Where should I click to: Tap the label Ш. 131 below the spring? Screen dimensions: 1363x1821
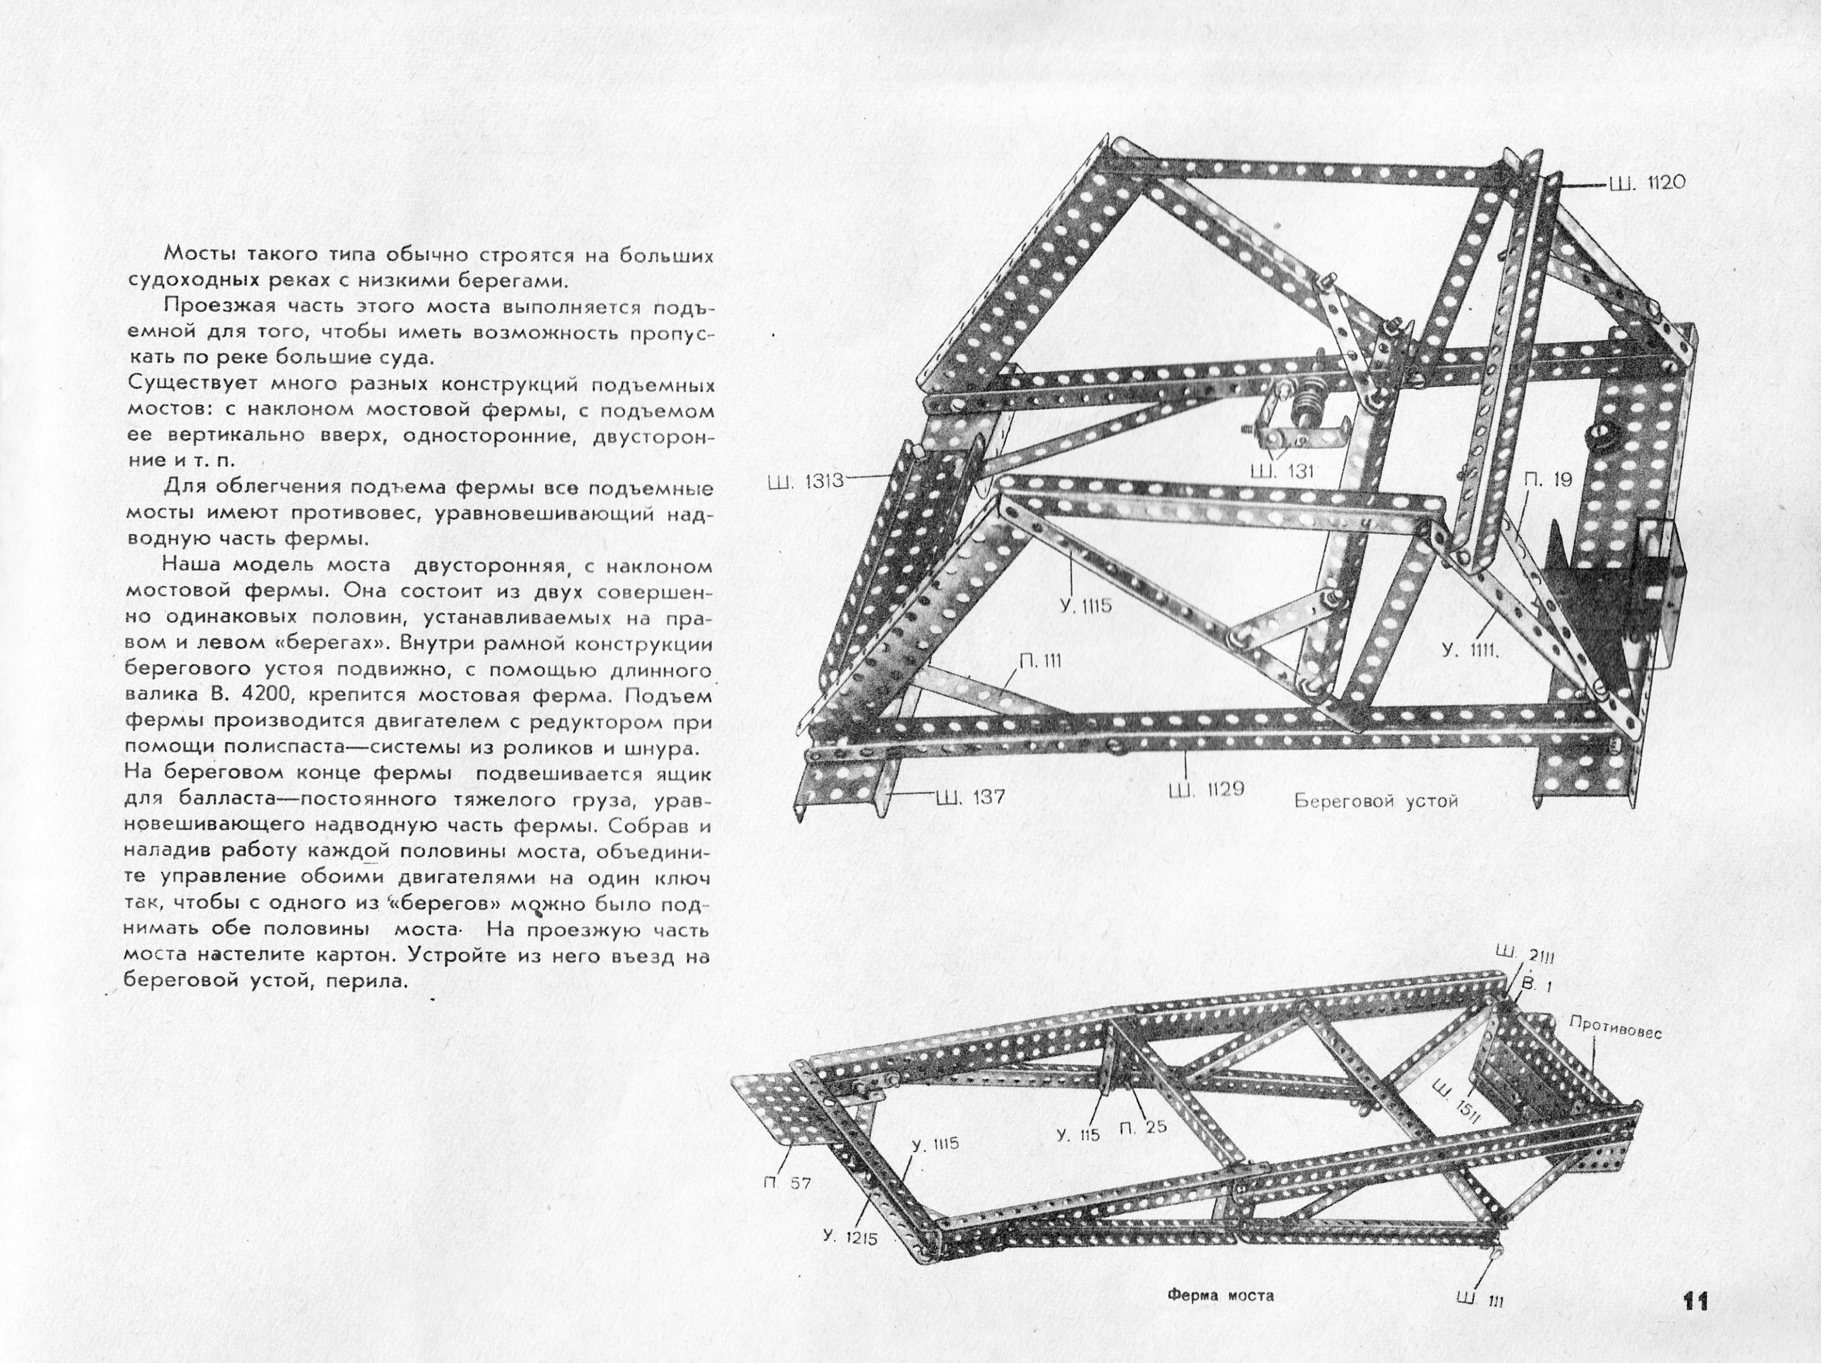(x=1281, y=472)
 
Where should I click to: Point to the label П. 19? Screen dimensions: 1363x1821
(x=1547, y=480)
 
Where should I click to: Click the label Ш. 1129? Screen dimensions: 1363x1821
(x=1206, y=788)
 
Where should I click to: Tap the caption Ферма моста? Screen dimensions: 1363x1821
(x=1221, y=1295)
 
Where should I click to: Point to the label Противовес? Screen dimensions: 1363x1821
(x=1615, y=1027)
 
